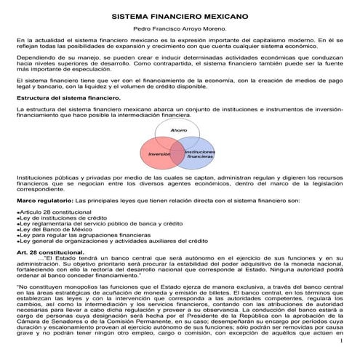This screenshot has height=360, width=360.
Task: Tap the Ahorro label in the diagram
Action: click(x=179, y=129)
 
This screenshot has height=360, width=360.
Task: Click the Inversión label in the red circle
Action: click(x=159, y=154)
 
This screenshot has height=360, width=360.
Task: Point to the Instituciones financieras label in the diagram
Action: click(x=200, y=154)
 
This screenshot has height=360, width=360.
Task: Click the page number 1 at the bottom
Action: click(x=340, y=353)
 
